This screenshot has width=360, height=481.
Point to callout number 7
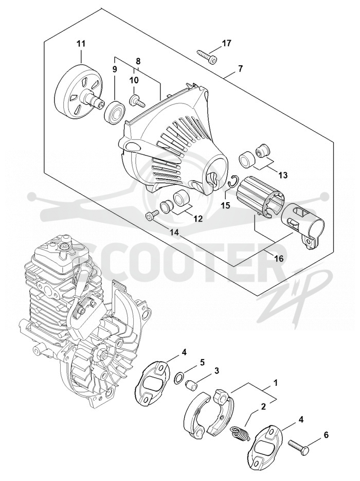point(240,69)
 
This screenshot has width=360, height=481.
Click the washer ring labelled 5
point(178,377)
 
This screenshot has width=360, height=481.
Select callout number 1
point(275,383)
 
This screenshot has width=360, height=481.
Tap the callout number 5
point(202,362)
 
